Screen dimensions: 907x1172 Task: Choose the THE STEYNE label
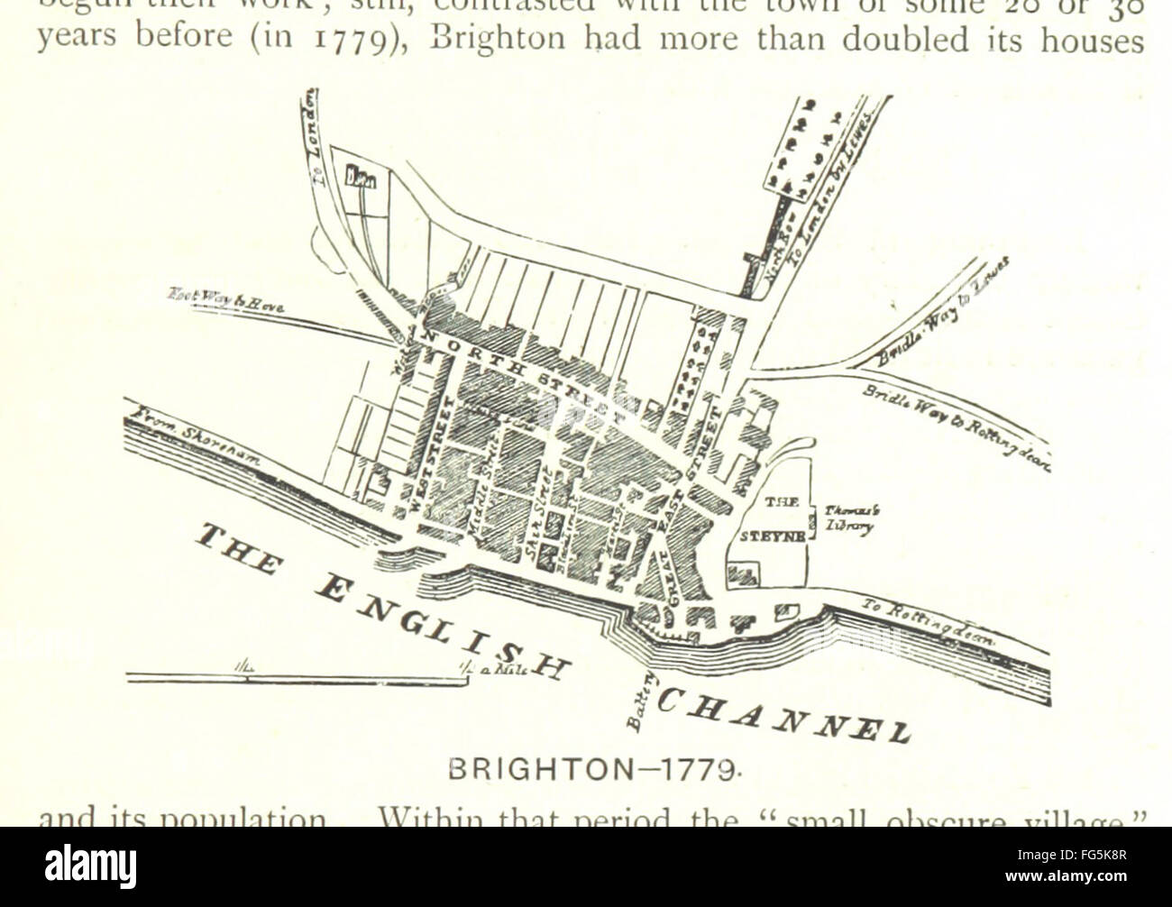click(x=765, y=518)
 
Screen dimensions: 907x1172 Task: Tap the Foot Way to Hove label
click(x=224, y=298)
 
